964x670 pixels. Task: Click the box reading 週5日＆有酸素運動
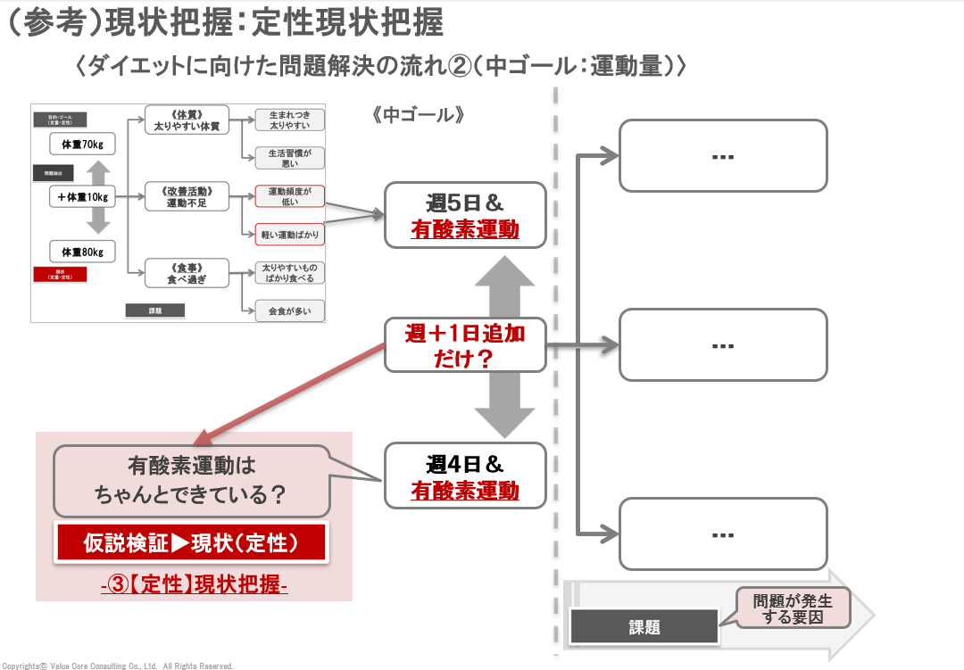[464, 215]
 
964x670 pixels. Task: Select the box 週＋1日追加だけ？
[464, 345]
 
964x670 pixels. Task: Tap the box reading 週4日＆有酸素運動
[464, 476]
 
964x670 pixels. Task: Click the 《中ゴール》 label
[418, 115]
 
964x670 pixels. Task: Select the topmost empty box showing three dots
[723, 156]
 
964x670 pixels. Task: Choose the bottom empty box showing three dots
[723, 534]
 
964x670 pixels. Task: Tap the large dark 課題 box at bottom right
[644, 627]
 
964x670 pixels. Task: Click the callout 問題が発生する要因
[792, 608]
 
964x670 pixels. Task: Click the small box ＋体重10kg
[83, 196]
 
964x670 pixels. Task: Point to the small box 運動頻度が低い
[289, 196]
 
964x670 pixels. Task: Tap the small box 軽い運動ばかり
[289, 235]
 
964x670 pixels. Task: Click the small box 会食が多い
[289, 311]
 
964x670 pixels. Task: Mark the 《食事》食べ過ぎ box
[187, 273]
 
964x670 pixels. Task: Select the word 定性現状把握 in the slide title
[347, 22]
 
